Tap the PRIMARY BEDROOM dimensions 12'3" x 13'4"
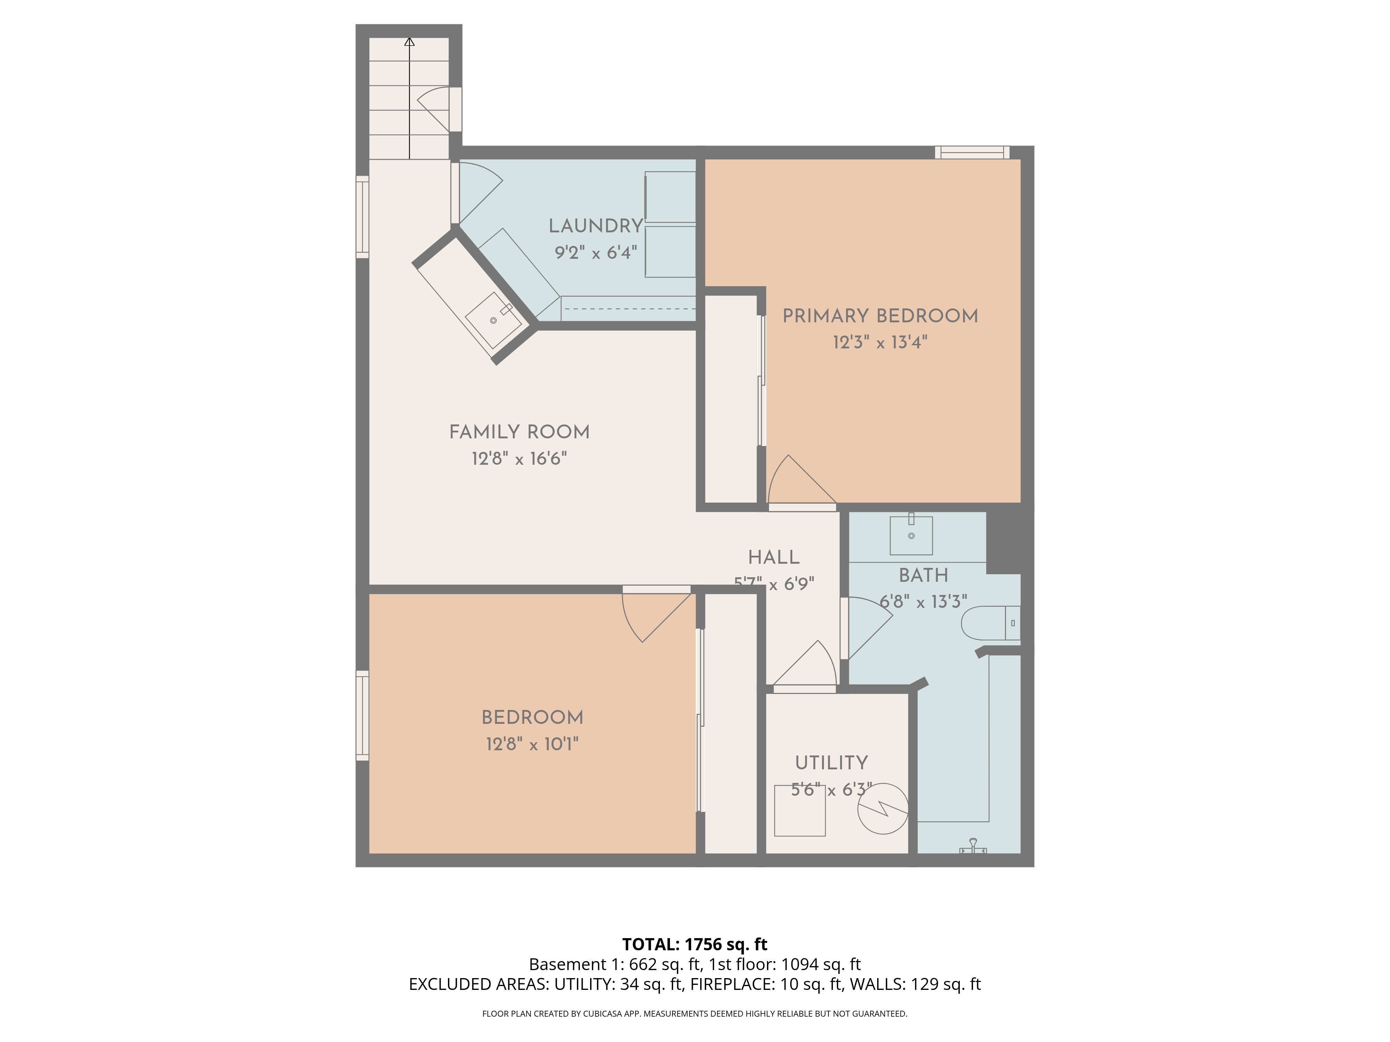tap(880, 343)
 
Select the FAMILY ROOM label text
tap(519, 432)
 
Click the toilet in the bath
tap(990, 623)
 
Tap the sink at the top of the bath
tap(911, 536)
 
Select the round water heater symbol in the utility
tap(883, 809)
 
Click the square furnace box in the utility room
tap(799, 811)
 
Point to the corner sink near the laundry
tap(494, 320)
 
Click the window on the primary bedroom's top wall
tap(972, 152)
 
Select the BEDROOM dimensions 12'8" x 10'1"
tap(532, 744)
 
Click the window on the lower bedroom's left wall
tap(362, 716)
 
